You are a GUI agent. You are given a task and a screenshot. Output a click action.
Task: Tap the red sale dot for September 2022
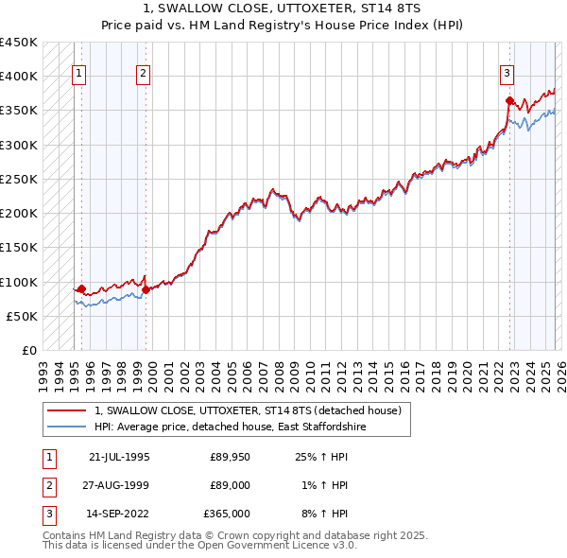click(x=509, y=100)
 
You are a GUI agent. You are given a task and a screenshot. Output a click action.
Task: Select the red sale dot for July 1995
click(x=82, y=288)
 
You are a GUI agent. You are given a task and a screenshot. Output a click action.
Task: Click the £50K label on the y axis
click(x=23, y=316)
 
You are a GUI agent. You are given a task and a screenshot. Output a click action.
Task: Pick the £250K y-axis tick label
click(x=19, y=179)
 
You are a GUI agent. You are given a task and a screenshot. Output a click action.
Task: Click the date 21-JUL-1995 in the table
click(x=119, y=457)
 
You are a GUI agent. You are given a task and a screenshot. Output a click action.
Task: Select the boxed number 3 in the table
click(x=47, y=514)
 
